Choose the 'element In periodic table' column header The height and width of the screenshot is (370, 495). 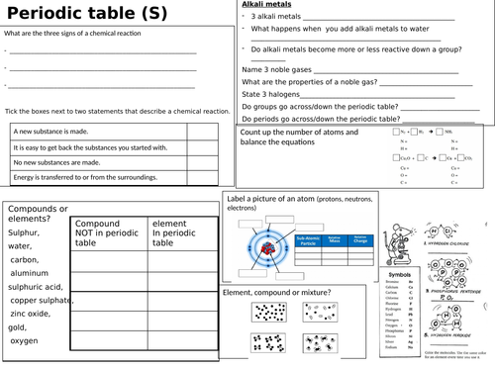coord(179,232)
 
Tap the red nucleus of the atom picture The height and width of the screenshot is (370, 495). coord(267,244)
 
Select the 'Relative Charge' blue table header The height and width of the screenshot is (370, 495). coord(360,238)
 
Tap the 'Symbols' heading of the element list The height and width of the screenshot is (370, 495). coord(400,274)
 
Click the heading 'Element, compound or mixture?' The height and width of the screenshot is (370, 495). coord(276,293)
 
